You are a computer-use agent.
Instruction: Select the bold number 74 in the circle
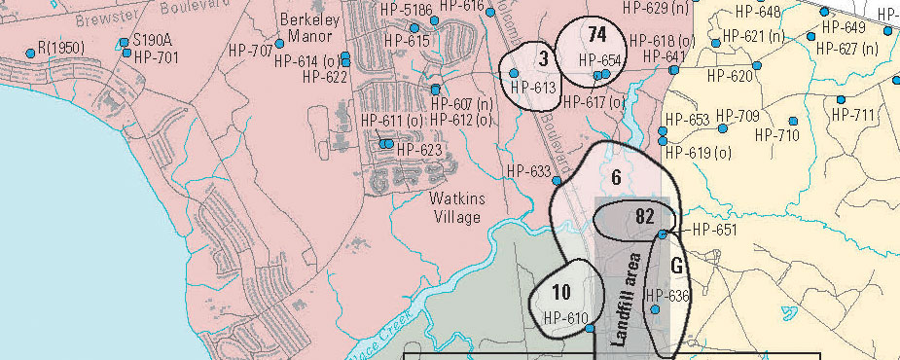click(597, 35)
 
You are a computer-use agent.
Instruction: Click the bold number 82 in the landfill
click(644, 216)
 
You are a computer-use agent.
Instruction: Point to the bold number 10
click(561, 292)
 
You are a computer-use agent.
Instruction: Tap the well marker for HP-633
click(558, 181)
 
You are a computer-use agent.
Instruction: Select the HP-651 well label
click(714, 231)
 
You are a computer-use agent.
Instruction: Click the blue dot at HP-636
click(656, 309)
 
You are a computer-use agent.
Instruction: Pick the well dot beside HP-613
click(515, 73)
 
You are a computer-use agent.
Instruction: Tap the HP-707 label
click(250, 50)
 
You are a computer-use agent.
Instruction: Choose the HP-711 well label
click(853, 115)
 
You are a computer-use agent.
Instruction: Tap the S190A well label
click(152, 41)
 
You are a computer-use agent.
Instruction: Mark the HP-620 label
click(730, 76)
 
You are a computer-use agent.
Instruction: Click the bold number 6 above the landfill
click(616, 178)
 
